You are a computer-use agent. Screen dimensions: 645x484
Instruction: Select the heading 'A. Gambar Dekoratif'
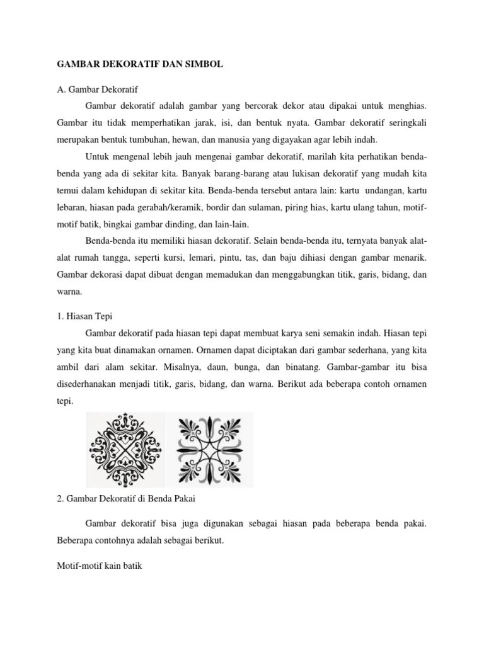[97, 89]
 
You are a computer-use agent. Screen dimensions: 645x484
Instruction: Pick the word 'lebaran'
[72, 207]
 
